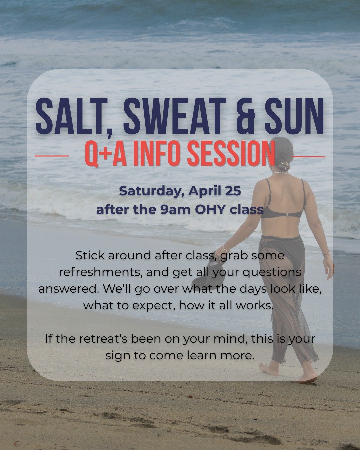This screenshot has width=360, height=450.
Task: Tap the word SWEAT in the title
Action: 173,115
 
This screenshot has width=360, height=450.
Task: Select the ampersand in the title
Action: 244,115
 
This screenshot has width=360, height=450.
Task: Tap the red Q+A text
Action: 105,154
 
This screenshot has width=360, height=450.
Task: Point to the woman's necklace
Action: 281,173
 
